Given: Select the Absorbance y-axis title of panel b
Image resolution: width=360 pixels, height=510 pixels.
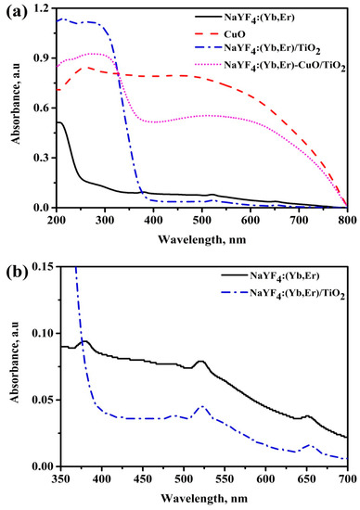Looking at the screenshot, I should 10,366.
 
